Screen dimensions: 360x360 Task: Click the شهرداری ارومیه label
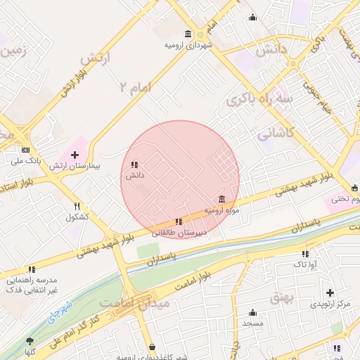(188, 45)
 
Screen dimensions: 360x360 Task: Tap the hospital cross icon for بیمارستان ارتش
(75, 154)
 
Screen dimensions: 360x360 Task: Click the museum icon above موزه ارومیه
(222, 199)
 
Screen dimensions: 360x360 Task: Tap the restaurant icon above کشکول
(77, 206)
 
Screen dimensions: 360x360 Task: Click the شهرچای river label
(60, 314)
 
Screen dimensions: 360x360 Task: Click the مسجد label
(252, 323)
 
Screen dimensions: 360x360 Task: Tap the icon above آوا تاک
(305, 254)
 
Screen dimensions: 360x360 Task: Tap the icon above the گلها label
(30, 341)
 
